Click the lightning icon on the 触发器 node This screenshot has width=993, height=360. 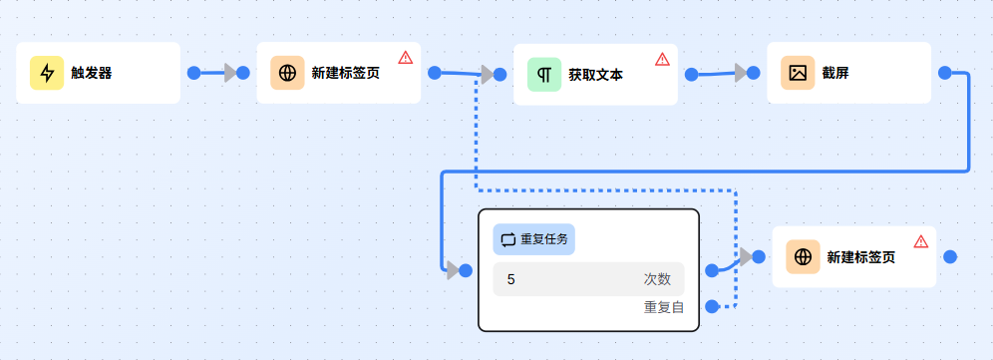47,73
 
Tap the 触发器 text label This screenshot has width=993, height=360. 91,73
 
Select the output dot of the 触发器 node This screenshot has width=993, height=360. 194,73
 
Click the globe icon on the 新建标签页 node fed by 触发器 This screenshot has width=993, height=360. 287,73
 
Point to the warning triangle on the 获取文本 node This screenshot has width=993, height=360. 662,59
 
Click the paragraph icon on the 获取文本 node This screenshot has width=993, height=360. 544,75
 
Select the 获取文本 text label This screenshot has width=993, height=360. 595,75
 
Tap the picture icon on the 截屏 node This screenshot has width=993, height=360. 798,73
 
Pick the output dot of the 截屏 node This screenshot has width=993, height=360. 945,73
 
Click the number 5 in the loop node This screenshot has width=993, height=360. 511,279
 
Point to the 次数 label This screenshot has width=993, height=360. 657,279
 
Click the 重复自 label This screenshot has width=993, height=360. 664,307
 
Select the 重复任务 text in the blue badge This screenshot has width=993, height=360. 544,239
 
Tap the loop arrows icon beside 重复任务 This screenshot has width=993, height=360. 508,239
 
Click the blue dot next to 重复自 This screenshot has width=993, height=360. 712,306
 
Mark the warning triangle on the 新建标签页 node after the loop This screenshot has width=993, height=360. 921,241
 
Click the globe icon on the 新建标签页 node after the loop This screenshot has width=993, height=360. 803,257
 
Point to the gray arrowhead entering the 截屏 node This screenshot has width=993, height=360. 740,72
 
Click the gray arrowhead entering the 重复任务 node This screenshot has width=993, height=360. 454,270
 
